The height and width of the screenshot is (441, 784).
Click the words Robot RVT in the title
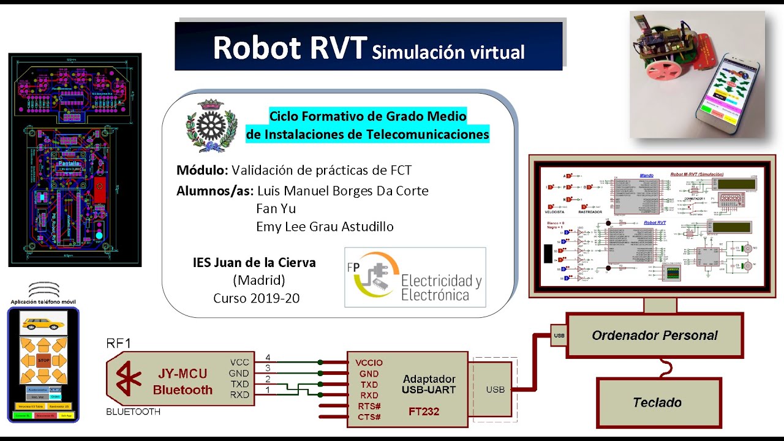coord(290,48)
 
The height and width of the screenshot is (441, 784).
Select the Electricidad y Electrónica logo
coord(415,277)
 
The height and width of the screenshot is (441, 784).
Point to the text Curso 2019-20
coord(257,298)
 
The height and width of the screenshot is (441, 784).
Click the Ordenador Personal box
coord(654,335)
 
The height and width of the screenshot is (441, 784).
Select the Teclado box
coord(657,402)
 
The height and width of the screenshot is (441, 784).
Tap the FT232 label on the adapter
coord(424,412)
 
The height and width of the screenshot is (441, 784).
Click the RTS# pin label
coord(368,406)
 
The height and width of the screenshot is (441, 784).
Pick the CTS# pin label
coord(368,417)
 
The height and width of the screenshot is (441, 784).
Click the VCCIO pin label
coord(369,363)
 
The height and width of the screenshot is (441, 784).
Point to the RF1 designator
coord(119,343)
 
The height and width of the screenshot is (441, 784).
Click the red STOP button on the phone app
coord(43,361)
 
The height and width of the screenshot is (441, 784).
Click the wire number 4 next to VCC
coord(267,357)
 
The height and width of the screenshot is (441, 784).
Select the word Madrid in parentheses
coord(259,281)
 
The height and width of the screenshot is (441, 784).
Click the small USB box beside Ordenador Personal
coord(559,336)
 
